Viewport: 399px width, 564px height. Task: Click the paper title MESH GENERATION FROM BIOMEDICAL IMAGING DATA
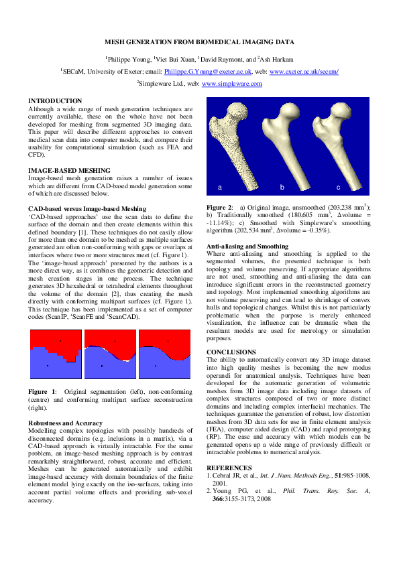pos(199,42)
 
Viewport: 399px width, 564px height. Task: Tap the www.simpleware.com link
pos(231,84)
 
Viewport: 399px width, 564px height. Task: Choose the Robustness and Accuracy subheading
pos(65,423)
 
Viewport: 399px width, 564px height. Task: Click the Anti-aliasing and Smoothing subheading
pos(247,246)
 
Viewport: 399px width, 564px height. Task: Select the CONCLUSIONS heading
pos(231,352)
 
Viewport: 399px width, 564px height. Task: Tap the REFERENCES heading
pos(229,467)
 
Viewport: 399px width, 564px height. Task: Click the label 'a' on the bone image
pos(219,187)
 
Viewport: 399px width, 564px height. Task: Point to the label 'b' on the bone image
pos(282,187)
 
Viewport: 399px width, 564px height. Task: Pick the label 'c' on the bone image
pos(338,187)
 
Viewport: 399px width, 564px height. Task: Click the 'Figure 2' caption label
pos(219,208)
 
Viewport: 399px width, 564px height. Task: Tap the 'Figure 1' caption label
pos(41,391)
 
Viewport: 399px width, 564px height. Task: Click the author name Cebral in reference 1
pos(223,475)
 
